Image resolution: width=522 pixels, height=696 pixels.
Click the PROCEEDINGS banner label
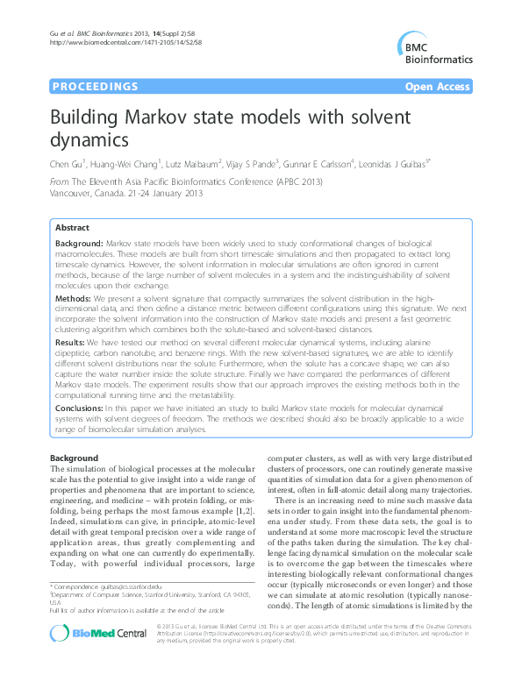pos(95,87)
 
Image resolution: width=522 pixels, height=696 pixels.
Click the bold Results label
pos(72,341)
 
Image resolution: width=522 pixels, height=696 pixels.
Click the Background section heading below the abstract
pos(74,458)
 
